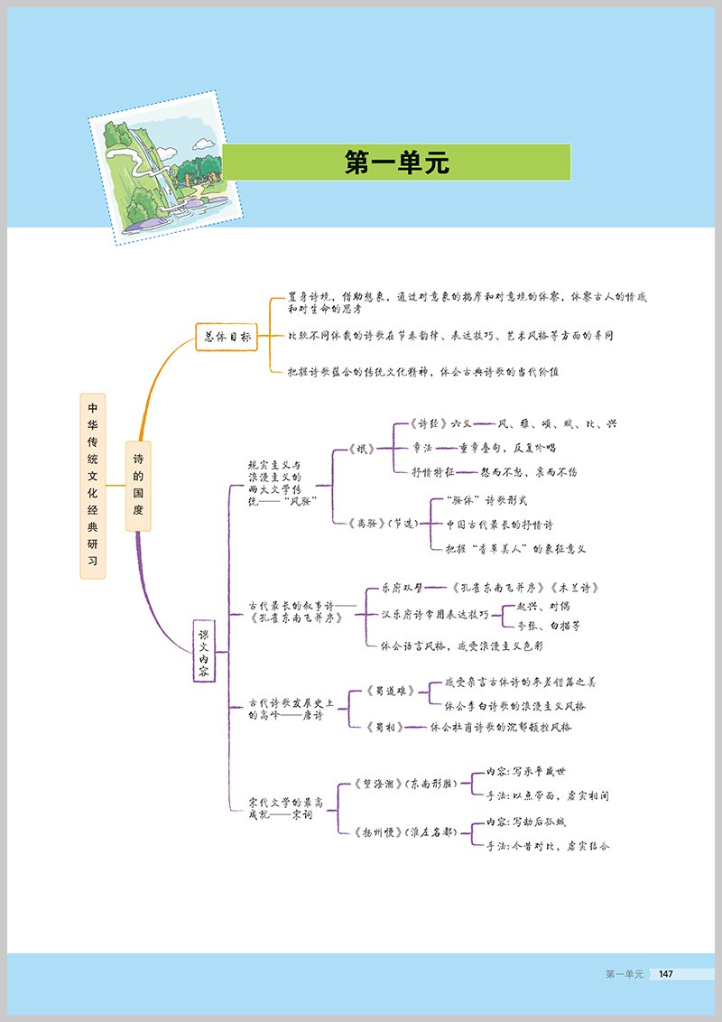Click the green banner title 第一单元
(x=396, y=163)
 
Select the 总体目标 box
(x=226, y=336)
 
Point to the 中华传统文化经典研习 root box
(x=92, y=485)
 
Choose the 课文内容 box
(x=205, y=650)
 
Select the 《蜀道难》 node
(x=391, y=691)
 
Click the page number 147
(x=666, y=973)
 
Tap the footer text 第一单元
(x=624, y=973)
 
